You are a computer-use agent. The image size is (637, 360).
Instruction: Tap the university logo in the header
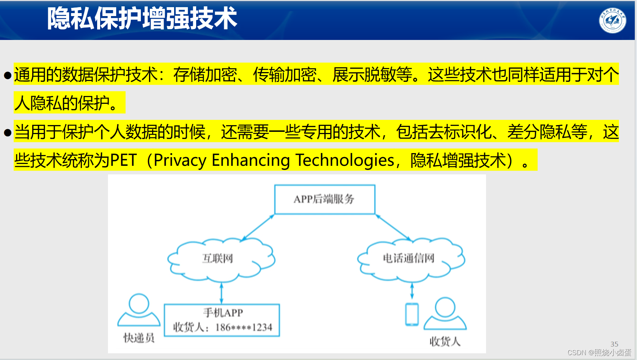(x=612, y=20)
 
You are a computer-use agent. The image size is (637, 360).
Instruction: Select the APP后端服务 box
(x=324, y=199)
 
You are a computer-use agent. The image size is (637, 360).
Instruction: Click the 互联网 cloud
(x=218, y=258)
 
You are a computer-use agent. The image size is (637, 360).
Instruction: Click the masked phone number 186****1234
(x=244, y=328)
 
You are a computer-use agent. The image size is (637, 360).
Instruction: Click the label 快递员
(x=139, y=338)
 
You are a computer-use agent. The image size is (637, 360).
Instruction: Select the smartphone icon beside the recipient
(x=412, y=314)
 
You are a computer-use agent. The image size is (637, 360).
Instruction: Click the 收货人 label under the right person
(x=445, y=341)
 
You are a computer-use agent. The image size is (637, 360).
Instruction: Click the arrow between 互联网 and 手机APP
(x=222, y=293)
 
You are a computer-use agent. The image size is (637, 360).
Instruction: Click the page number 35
(x=614, y=344)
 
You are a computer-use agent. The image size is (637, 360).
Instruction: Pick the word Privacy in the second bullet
(x=180, y=161)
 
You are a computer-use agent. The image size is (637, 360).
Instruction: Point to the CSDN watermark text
(x=599, y=353)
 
